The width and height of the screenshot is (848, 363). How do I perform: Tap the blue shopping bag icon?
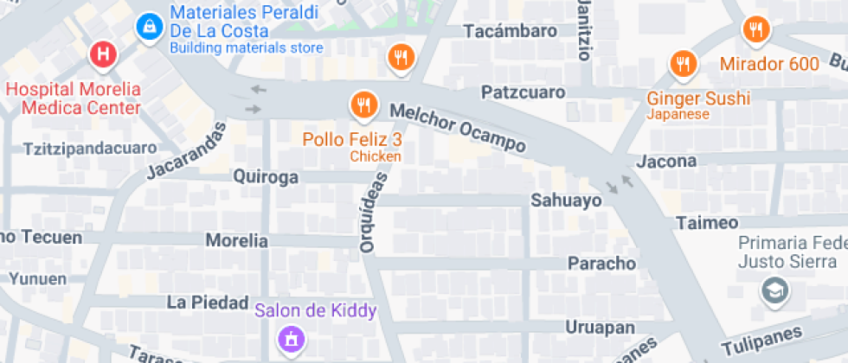coord(150,26)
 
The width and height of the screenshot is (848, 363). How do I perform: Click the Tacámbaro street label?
coord(511,31)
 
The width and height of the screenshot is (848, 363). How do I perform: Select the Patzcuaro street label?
coord(524,92)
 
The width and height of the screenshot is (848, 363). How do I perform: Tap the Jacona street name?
coord(666,162)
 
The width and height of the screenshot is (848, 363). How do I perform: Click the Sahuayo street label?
coord(565,201)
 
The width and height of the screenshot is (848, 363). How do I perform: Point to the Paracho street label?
coord(601,263)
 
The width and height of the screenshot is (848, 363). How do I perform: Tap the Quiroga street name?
coord(266,177)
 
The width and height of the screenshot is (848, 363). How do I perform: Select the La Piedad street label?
coord(201,302)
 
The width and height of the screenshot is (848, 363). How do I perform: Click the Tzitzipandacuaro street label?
coord(91,148)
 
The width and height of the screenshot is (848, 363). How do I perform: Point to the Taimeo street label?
coord(707,223)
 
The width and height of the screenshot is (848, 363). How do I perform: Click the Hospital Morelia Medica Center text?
coord(73,99)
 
